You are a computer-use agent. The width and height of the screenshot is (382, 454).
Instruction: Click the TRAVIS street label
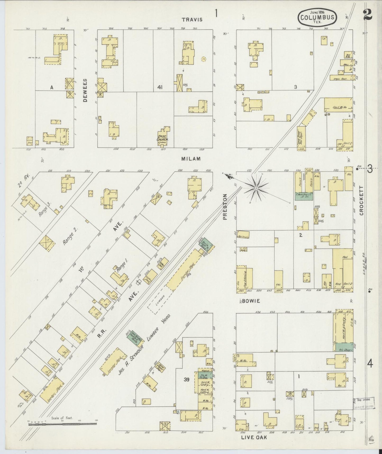coord(192,20)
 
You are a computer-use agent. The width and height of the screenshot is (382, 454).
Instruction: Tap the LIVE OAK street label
coord(254,438)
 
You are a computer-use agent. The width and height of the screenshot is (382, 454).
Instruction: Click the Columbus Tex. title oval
coord(317,18)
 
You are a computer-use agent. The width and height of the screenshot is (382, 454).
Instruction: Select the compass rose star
coord(256,188)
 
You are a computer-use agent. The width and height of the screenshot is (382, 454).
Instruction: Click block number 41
coord(159,87)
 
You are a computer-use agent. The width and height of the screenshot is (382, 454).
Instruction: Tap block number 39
coord(187,380)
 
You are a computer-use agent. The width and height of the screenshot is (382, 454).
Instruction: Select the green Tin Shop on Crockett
coord(344,350)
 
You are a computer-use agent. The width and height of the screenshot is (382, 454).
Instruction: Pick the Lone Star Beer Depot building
coord(301,138)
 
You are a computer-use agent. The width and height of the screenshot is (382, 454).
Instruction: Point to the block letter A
coord(52,87)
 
